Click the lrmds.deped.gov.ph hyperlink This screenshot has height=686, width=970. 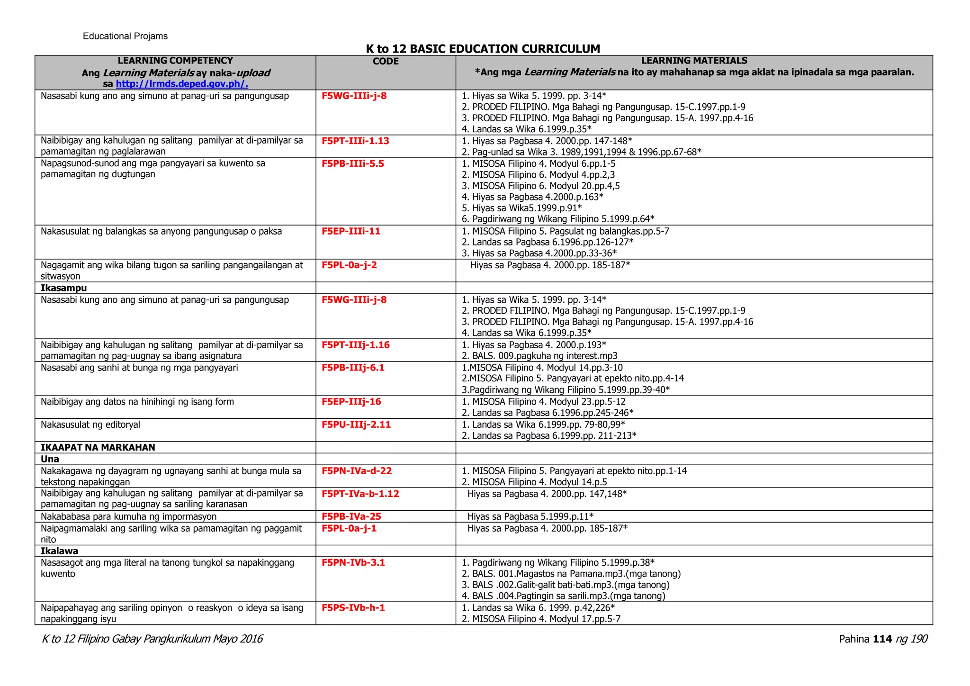click(182, 84)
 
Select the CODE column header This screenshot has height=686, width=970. click(386, 62)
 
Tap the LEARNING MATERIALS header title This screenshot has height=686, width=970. click(694, 61)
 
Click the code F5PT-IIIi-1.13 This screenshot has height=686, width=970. click(355, 141)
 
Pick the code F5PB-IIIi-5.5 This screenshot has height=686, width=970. click(353, 163)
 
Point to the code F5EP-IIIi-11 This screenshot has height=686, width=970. click(351, 231)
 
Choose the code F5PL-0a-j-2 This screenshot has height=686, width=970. click(349, 265)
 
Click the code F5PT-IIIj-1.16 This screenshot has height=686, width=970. click(355, 345)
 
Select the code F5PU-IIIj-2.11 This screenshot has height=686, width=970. click(356, 424)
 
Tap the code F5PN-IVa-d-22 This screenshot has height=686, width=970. click(357, 471)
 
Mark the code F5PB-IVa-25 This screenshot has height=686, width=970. click(351, 516)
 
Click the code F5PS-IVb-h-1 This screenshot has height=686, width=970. click(353, 607)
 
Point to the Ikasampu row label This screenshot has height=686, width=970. click(63, 288)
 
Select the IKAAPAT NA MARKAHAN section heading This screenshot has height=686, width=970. click(98, 447)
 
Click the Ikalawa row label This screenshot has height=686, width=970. click(59, 551)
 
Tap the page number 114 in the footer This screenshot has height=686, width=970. click(882, 639)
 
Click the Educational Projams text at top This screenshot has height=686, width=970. click(125, 36)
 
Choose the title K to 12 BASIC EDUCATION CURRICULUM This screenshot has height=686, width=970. click(483, 49)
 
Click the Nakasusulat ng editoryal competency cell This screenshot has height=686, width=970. click(90, 424)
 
